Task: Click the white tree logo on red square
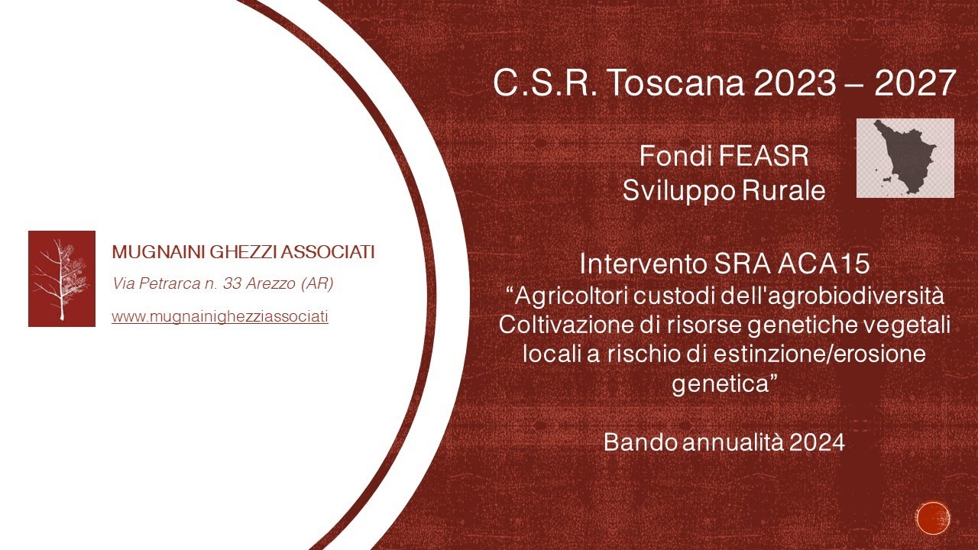tap(62, 279)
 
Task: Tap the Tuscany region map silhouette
tap(905, 157)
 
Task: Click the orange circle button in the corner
tap(933, 517)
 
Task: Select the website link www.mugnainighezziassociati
tap(220, 316)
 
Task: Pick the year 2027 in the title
tap(915, 83)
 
